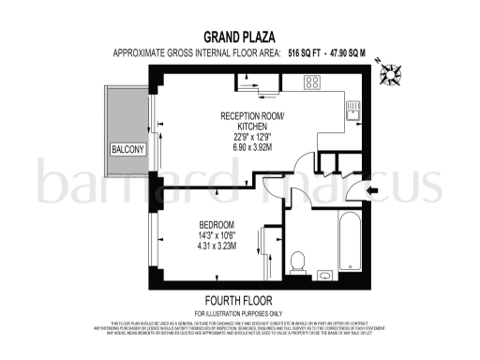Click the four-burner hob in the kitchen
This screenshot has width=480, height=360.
point(311,83)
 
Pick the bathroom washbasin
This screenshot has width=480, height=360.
point(323,275)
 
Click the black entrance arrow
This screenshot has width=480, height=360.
point(371,191)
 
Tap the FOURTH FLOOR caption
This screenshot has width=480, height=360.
point(239,301)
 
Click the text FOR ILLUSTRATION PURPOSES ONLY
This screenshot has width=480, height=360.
point(239,312)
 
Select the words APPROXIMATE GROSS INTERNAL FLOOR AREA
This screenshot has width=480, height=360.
point(195,54)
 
